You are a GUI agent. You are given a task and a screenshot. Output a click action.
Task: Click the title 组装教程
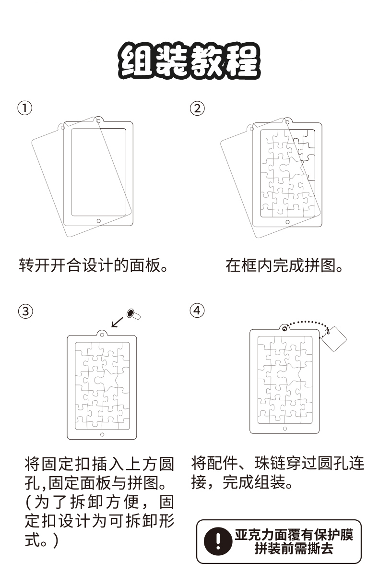[x=189, y=61]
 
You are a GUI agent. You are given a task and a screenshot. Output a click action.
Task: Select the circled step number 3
[x=25, y=311]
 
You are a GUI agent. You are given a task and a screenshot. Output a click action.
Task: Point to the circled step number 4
[x=197, y=311]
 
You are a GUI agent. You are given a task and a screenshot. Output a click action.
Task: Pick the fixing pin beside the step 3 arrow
[x=133, y=314]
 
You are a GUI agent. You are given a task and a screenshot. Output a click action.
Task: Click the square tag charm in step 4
[x=333, y=339]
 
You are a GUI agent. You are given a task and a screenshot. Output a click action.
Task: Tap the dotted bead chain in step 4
[x=307, y=323]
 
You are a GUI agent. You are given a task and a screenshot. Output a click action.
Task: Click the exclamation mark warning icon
[x=218, y=541]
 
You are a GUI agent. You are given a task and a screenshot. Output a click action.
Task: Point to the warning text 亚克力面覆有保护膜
[x=294, y=534]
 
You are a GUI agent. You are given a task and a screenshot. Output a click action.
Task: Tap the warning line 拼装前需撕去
[x=294, y=548]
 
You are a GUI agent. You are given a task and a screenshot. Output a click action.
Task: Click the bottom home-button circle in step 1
[x=99, y=221]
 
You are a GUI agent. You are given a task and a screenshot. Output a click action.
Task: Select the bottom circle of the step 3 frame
[x=102, y=434]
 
